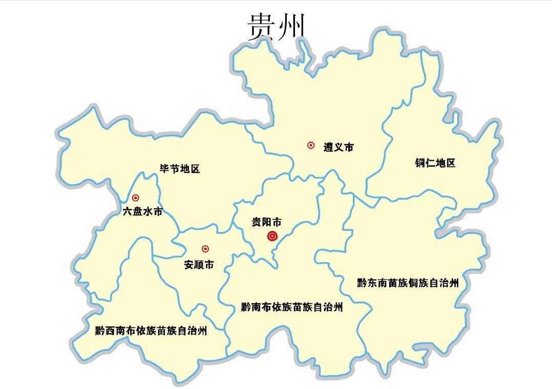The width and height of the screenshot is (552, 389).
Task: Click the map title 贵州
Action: [x=276, y=27]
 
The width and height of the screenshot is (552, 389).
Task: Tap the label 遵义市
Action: [x=338, y=147]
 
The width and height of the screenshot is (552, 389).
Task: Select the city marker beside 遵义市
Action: [x=311, y=145]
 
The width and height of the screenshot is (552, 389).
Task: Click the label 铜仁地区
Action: [x=435, y=163]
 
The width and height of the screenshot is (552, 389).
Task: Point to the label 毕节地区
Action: [x=179, y=169]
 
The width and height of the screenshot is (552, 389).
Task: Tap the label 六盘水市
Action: [x=142, y=211]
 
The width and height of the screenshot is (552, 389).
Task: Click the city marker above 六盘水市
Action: [x=136, y=198]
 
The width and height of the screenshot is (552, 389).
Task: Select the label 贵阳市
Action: [x=266, y=222]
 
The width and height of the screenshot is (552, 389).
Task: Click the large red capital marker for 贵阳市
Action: [x=272, y=236]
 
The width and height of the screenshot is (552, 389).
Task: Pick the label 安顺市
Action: [x=199, y=265]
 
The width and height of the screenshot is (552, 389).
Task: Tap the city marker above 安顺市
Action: [x=205, y=249]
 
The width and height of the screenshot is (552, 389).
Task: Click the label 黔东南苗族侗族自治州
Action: [x=408, y=283]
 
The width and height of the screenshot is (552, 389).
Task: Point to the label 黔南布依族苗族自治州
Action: [x=292, y=308]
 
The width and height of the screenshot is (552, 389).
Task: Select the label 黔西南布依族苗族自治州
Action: [x=151, y=331]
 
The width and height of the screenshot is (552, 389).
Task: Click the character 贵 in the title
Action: [x=261, y=27]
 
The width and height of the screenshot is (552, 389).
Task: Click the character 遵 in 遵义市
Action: [x=328, y=147]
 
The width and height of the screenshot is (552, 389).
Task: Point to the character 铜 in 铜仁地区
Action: [x=420, y=163]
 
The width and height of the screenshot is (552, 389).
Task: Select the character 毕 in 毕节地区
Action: [x=164, y=169]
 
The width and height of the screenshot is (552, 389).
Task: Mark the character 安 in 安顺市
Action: [x=188, y=265]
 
